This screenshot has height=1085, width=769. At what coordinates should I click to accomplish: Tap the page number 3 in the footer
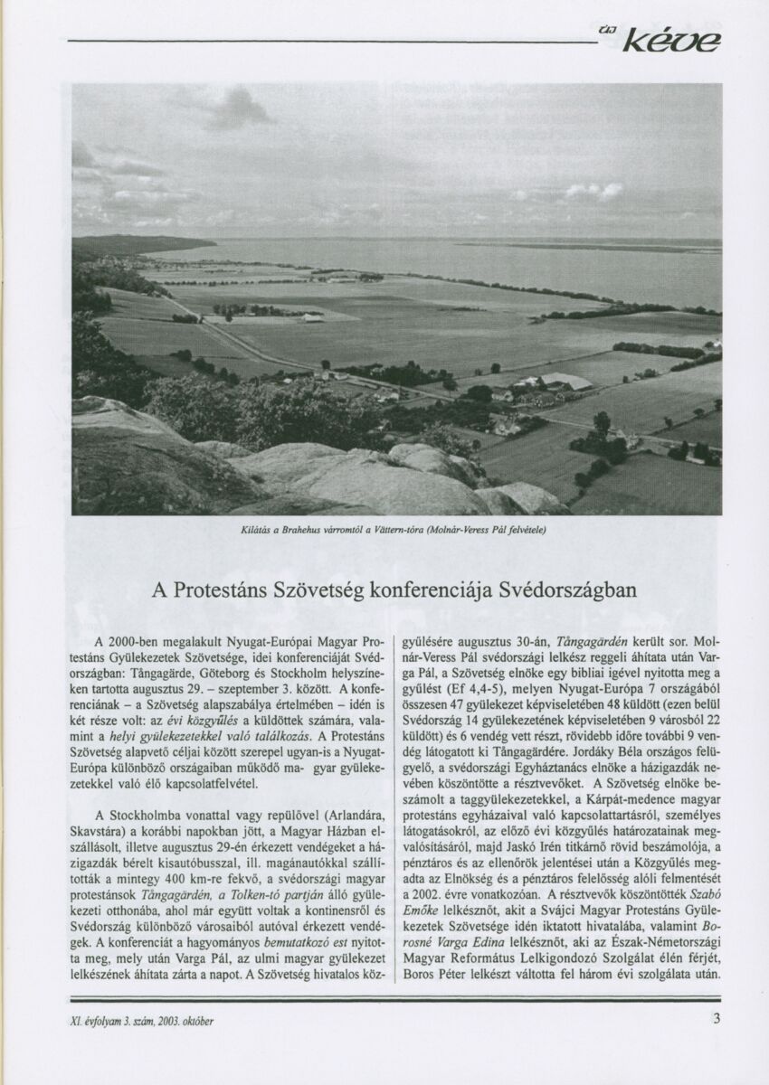(716, 1020)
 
